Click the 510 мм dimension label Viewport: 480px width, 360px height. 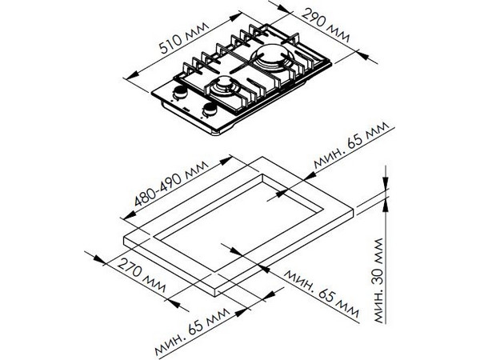[x=184, y=38]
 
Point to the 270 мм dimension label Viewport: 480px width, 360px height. [x=142, y=276]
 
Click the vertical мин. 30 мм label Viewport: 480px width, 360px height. [x=378, y=281]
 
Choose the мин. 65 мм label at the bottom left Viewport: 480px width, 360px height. [x=192, y=331]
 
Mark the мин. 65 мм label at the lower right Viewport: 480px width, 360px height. [x=321, y=294]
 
